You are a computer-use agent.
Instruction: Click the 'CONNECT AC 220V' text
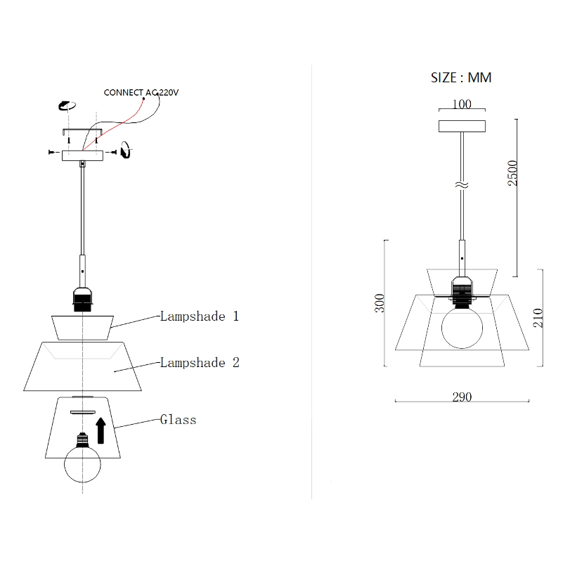141,92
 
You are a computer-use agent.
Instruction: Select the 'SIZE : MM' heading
461,77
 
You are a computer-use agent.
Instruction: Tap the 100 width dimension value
461,105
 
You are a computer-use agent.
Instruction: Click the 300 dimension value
380,303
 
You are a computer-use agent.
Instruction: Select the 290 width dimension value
461,397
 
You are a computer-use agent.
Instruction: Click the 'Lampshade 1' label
200,316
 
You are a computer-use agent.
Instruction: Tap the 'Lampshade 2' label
200,363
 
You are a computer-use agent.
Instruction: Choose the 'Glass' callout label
178,420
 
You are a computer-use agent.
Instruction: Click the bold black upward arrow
101,430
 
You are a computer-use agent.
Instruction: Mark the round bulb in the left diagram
84,461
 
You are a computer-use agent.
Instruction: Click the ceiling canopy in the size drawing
461,127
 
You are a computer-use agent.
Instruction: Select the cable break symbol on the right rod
461,186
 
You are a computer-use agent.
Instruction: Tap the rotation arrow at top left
66,105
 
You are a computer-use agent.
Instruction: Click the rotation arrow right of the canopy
124,150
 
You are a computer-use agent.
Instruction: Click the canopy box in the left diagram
83,155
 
